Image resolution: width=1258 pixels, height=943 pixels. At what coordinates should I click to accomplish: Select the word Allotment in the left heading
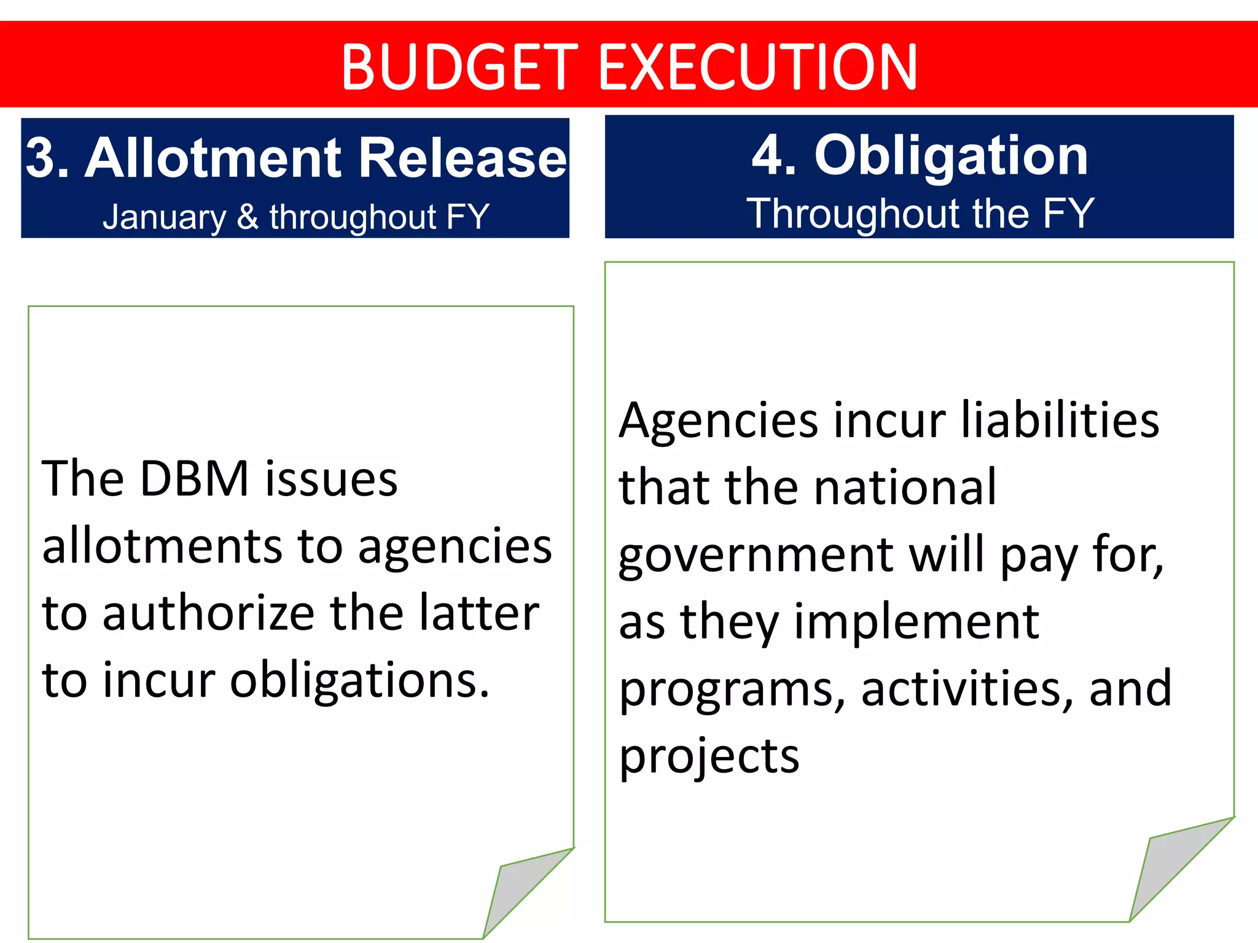[213, 158]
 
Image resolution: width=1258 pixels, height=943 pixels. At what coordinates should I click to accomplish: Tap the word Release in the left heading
[462, 158]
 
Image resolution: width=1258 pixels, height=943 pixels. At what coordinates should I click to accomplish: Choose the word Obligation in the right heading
[951, 157]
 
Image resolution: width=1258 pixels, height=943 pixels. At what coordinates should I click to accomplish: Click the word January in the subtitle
[165, 217]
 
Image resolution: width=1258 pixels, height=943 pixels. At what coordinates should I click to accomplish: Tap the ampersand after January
[248, 217]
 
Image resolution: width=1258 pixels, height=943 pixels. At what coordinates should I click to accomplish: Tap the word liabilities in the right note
[1060, 420]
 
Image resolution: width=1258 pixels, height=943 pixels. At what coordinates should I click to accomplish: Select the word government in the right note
[756, 556]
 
